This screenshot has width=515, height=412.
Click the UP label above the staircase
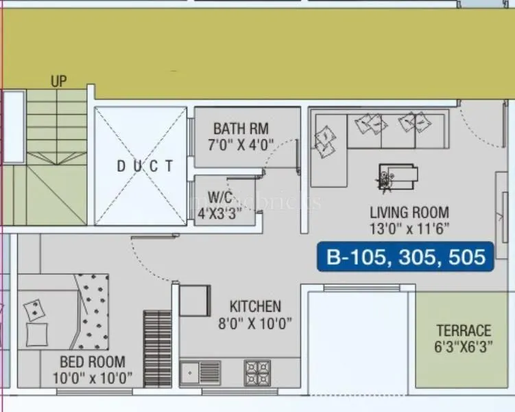click(59, 82)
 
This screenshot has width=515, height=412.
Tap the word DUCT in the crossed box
click(141, 165)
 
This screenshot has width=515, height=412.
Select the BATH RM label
click(241, 128)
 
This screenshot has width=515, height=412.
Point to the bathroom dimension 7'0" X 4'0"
click(241, 145)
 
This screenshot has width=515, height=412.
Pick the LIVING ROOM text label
click(409, 213)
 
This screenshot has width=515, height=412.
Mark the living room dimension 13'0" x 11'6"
click(409, 229)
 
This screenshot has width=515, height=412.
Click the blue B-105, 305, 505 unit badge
click(405, 257)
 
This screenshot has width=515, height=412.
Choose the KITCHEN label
click(255, 306)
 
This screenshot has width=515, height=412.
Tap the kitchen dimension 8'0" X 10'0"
click(255, 323)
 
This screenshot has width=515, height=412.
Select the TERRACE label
click(464, 331)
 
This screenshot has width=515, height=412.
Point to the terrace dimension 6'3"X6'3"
click(464, 347)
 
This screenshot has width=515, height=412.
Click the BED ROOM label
click(92, 361)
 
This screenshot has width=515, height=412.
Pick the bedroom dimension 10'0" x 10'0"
click(92, 378)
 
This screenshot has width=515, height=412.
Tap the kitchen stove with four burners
click(257, 373)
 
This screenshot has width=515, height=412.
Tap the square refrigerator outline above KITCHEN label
click(194, 301)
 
